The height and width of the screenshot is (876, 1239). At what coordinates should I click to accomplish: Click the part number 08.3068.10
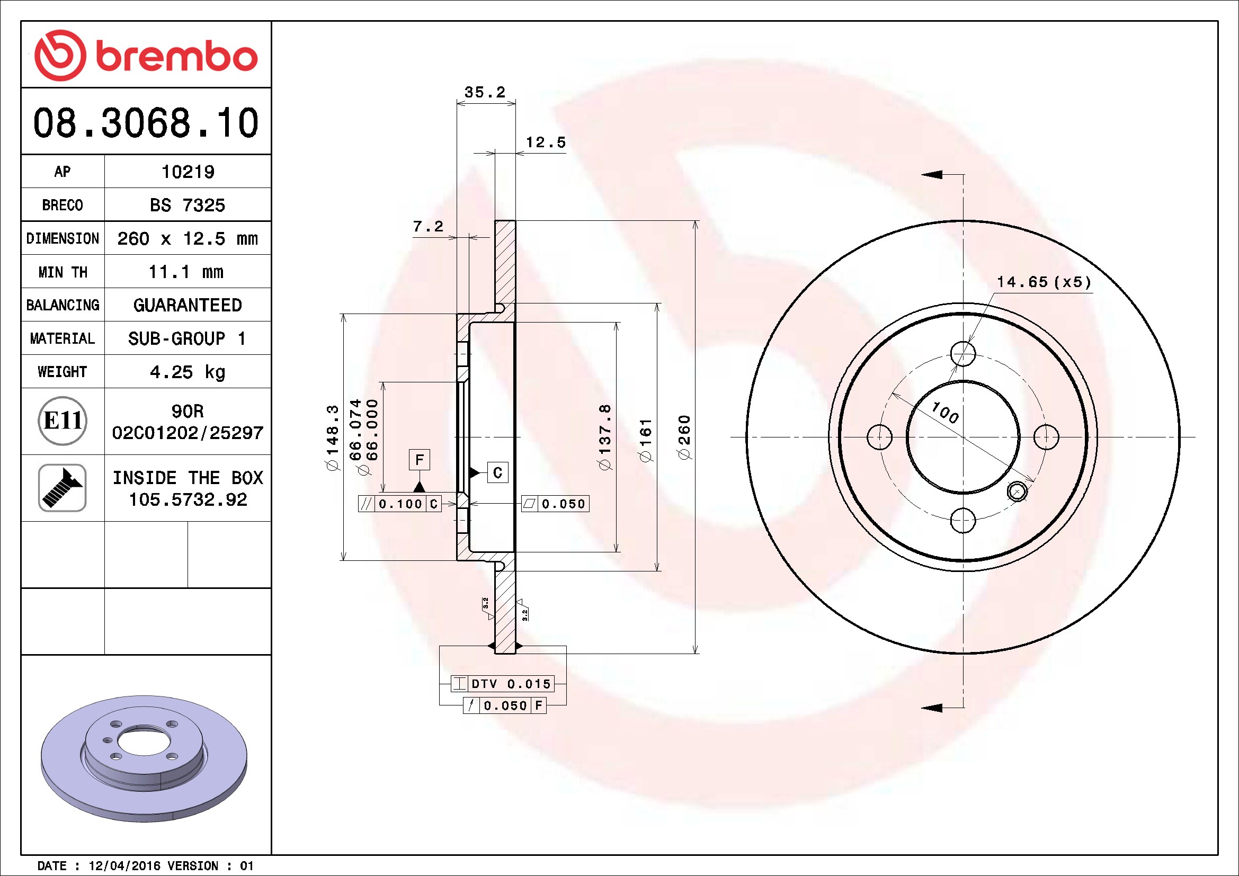tap(146, 123)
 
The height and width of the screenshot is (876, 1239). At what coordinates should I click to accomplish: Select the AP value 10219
tap(188, 172)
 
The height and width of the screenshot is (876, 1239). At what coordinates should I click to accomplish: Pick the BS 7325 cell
tap(187, 205)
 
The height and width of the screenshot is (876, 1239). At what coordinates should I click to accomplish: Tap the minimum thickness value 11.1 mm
tap(186, 272)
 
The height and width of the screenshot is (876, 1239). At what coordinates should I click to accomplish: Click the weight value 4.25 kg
tap(187, 372)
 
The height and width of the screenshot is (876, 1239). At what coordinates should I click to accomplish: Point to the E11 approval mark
tap(63, 421)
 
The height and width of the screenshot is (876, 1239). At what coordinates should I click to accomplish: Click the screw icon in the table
tap(62, 488)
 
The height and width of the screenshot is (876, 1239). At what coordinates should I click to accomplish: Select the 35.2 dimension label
tap(485, 92)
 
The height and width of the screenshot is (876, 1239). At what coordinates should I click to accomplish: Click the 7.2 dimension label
tap(428, 227)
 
